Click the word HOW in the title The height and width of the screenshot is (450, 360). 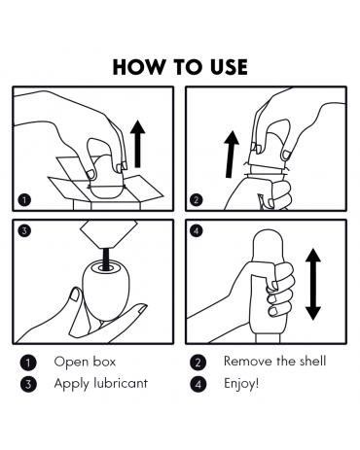[x=138, y=67]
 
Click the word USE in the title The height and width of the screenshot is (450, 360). [x=229, y=67]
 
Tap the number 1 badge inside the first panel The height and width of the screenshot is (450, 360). [x=24, y=199]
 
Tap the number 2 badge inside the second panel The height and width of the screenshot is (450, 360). [x=197, y=199]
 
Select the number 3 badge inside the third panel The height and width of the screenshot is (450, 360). [x=24, y=230]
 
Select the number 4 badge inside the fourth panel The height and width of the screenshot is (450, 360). [x=197, y=230]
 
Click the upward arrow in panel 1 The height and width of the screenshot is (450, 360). [x=138, y=144]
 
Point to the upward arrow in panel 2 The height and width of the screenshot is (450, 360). [x=231, y=154]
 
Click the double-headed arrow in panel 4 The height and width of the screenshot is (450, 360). [x=313, y=284]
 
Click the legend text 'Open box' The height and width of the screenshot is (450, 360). [x=85, y=362]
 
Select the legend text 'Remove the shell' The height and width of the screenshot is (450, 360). [x=274, y=361]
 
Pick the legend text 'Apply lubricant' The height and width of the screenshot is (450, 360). [x=101, y=384]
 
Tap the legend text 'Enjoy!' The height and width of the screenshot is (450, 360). [x=241, y=384]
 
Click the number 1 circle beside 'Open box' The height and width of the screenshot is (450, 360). [x=28, y=363]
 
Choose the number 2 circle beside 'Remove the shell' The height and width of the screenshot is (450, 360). [x=198, y=363]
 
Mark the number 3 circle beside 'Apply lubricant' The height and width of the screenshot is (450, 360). [x=28, y=384]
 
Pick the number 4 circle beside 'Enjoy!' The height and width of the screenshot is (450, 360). [x=198, y=384]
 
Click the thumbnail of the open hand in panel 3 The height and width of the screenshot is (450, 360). [x=75, y=294]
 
